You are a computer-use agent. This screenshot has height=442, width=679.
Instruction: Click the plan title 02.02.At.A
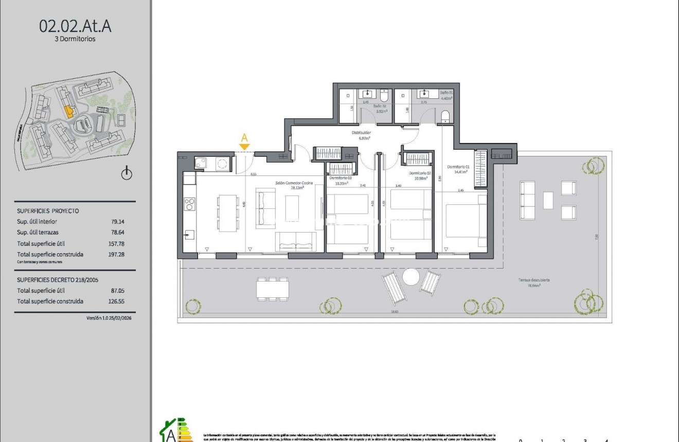(x=75, y=26)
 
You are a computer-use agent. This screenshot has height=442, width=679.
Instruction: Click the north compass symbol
(x=127, y=174)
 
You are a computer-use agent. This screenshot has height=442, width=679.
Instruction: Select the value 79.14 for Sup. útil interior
(x=118, y=222)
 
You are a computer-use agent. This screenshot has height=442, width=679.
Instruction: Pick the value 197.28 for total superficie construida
(x=118, y=254)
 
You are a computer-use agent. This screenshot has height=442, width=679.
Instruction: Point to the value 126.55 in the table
(x=118, y=302)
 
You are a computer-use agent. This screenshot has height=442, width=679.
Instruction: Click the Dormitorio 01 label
(x=458, y=167)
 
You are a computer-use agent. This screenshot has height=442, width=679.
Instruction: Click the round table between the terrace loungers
(x=412, y=277)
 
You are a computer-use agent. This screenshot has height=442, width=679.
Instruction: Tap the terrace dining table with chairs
(x=273, y=289)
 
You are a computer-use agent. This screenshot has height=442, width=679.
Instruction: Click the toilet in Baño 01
(x=445, y=116)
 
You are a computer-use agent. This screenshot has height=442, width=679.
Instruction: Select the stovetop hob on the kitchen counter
(x=189, y=204)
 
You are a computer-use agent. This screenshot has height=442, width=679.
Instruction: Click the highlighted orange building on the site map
(x=68, y=111)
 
